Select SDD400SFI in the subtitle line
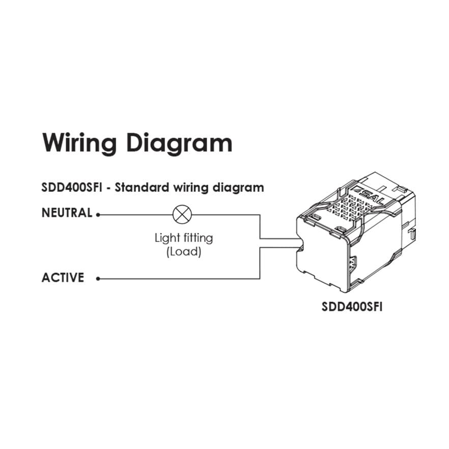coord(74,187)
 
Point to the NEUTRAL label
coord(67,213)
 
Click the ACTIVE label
coord(63,278)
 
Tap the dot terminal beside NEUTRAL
coord(98,214)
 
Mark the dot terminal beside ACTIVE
coord(98,278)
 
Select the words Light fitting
coord(184,238)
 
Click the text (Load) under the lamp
coord(184,251)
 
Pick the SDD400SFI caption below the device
coord(352,307)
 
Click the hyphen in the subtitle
coord(109,188)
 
